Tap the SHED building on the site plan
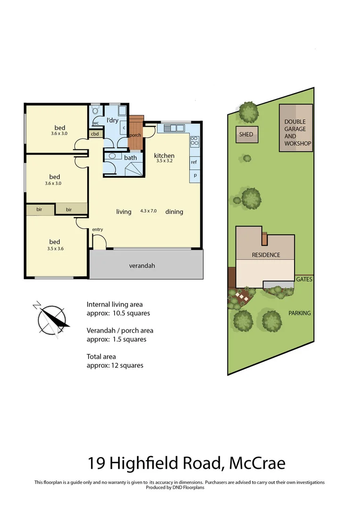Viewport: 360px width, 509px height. point(246,134)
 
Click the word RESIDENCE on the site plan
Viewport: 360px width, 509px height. point(266,255)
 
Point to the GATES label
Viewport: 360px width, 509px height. point(304,279)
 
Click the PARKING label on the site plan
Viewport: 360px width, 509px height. point(300,313)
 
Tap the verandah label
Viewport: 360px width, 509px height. point(142,266)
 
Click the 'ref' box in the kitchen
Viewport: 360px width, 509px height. point(194,162)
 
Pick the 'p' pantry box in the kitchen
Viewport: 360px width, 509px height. point(194,175)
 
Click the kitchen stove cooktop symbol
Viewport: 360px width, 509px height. point(194,140)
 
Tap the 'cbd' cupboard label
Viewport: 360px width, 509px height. point(95,134)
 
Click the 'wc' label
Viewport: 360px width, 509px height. point(96,123)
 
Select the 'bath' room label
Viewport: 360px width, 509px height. point(131,157)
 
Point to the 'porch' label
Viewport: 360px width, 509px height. point(136,135)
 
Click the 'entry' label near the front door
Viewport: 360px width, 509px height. point(98,230)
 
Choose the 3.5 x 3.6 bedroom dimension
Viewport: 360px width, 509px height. point(55,248)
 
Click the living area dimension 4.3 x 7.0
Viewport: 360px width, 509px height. point(148,211)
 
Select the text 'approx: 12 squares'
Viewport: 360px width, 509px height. point(115,365)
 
